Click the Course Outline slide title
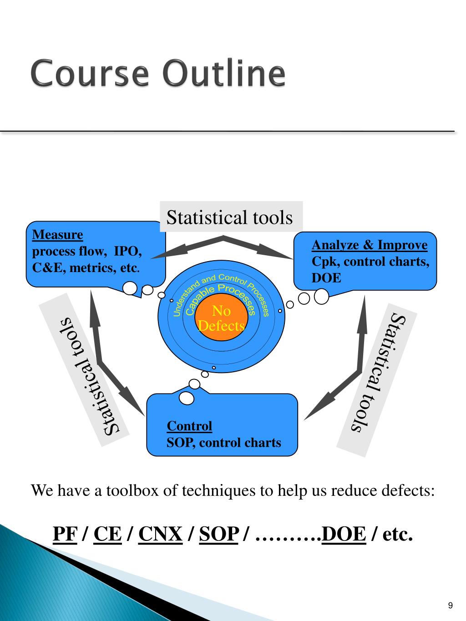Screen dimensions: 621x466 [158, 73]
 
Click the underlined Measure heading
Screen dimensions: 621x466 [57, 235]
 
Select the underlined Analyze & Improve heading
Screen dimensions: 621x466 [370, 245]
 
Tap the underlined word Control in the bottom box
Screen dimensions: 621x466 [189, 426]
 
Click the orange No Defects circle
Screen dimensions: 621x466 [222, 318]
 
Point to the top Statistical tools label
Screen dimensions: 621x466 [229, 217]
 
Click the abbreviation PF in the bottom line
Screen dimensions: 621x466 [65, 534]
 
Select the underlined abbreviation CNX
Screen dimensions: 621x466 [160, 534]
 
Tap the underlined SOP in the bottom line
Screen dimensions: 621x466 [219, 534]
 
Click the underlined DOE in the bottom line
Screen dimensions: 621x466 [344, 534]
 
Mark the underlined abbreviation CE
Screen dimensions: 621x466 [107, 534]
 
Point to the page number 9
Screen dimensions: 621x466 [450, 605]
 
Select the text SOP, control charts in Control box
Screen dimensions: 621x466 [224, 442]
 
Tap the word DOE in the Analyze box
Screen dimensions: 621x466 [326, 278]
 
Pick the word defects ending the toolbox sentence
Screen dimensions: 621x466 [408, 491]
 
